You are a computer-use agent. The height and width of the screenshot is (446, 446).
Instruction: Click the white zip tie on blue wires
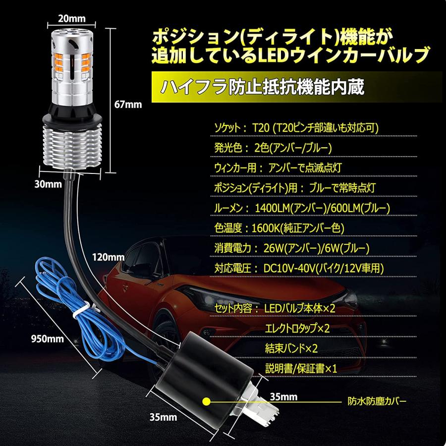(79, 311)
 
